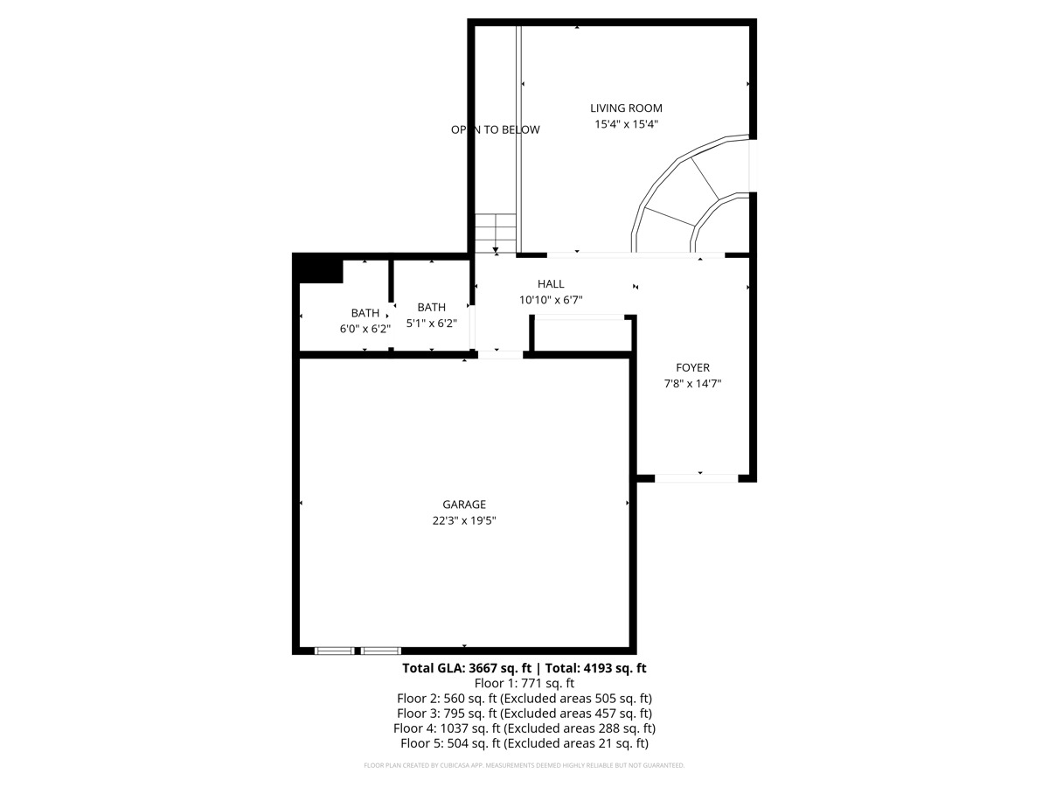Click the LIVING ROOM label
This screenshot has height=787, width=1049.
(x=626, y=108)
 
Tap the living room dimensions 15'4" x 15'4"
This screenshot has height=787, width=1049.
(x=626, y=124)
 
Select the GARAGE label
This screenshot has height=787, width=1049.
(x=463, y=505)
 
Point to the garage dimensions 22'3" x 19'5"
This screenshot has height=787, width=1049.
(x=463, y=520)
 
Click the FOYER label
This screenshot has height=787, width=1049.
(x=692, y=368)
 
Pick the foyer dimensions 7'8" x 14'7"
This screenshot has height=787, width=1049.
(x=692, y=384)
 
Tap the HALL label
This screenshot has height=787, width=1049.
(x=551, y=284)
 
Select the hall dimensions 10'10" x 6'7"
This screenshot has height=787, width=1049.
(x=551, y=300)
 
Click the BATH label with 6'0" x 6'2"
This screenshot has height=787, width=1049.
(x=365, y=313)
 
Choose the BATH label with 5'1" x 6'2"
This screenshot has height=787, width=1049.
(x=431, y=307)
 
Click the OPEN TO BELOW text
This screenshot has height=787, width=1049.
(x=495, y=129)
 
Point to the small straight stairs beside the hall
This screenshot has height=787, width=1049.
(x=496, y=233)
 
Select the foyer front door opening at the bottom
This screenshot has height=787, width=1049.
(x=697, y=477)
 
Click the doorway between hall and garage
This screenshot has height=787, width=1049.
(x=500, y=354)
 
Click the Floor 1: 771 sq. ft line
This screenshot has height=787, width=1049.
(x=524, y=684)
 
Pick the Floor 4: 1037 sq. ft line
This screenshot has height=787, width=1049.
(x=524, y=728)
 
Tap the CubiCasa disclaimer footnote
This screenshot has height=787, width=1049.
(x=524, y=765)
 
